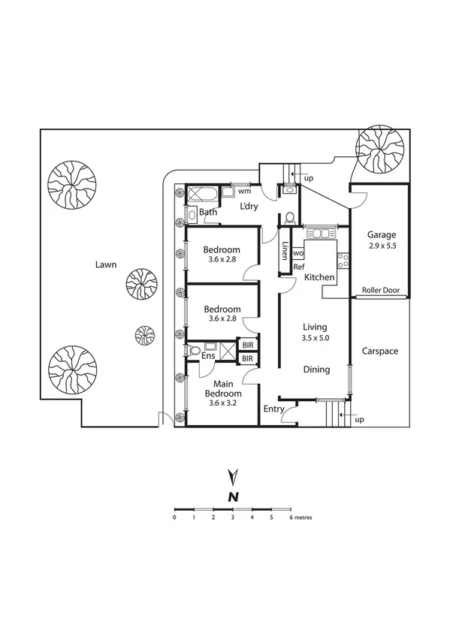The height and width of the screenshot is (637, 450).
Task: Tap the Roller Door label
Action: pos(380,291)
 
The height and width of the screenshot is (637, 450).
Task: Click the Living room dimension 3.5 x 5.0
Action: pos(316,338)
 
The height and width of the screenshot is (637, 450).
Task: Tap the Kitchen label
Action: pos(319,278)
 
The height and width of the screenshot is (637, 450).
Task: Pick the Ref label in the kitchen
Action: pos(298,267)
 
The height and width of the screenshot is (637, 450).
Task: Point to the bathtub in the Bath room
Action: pos(201,193)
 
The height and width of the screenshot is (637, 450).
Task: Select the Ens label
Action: pos(208,355)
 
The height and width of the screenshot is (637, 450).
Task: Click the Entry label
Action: pos(273,409)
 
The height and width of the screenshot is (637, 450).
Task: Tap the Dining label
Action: pos(316,370)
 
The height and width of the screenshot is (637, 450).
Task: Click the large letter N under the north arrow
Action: pos(234,497)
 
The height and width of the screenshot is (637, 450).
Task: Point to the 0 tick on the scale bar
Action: pos(174,518)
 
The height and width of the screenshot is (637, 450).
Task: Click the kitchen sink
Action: pos(322,234)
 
